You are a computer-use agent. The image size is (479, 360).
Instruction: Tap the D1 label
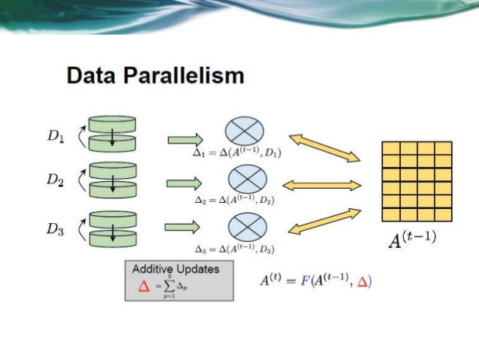pos(56,138)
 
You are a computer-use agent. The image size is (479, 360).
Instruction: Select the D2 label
pos(56,180)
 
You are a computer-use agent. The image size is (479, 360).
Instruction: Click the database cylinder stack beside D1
pos(113,133)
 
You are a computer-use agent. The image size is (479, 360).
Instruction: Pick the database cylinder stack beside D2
pos(113,181)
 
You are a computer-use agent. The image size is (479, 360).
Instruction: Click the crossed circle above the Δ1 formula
pos(246,130)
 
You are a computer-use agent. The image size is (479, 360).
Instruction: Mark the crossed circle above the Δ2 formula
pos(246,178)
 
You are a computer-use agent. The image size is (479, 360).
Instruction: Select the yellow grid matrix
pos(417,180)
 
